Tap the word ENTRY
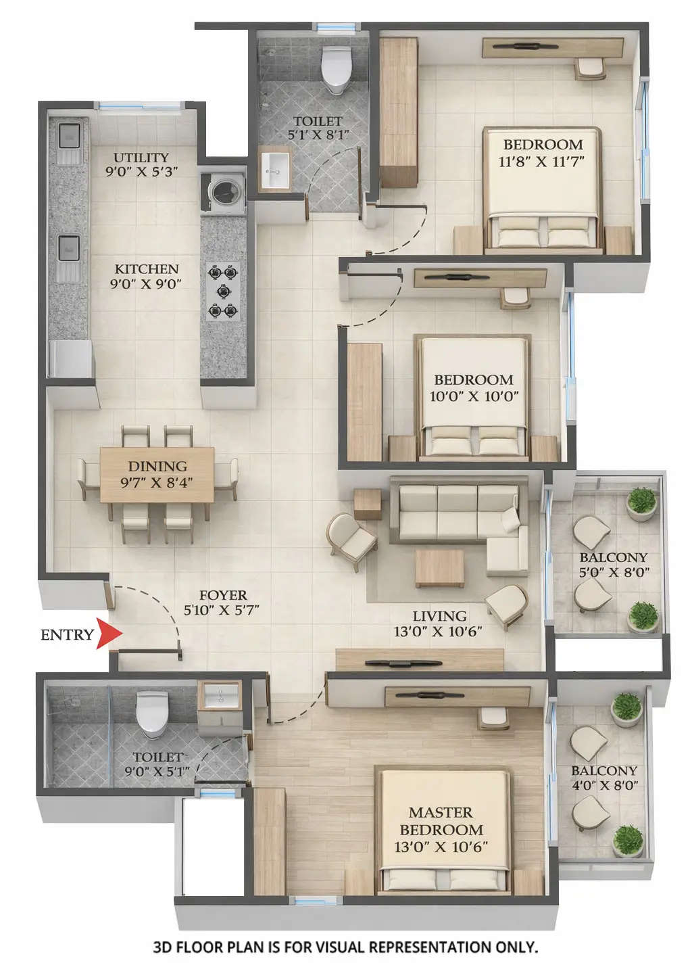(x=66, y=635)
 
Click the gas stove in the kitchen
(x=223, y=292)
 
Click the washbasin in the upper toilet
(x=275, y=170)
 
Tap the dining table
(x=157, y=474)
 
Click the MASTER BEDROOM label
(x=441, y=821)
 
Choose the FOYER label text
(x=223, y=595)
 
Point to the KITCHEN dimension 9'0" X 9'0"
(x=146, y=284)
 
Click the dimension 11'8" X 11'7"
(x=541, y=162)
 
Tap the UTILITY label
(x=141, y=158)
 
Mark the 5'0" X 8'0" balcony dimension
(x=614, y=572)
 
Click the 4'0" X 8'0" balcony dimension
(x=604, y=785)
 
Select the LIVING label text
(x=440, y=616)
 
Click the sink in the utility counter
(x=69, y=135)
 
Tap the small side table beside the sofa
(x=368, y=503)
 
